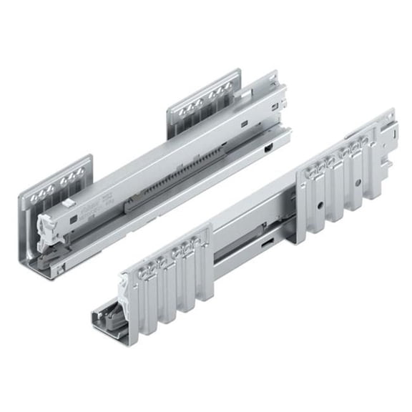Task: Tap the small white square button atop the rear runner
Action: [x=67, y=202]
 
